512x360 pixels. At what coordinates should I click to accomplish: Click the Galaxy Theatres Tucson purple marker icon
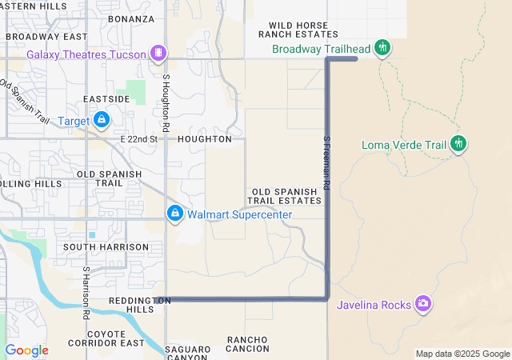pyautogui.click(x=159, y=54)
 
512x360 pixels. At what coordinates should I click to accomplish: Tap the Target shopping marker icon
pyautogui.click(x=101, y=120)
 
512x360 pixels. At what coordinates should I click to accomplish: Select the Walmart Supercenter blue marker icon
pyautogui.click(x=174, y=214)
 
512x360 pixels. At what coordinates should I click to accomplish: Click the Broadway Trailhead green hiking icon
pyautogui.click(x=382, y=49)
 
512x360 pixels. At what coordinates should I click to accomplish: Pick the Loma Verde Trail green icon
pyautogui.click(x=458, y=145)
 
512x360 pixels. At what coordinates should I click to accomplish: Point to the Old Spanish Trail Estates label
pyautogui.click(x=286, y=196)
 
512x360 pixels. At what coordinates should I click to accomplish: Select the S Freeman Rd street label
pyautogui.click(x=326, y=162)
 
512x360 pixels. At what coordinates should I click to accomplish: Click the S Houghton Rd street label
pyautogui.click(x=166, y=103)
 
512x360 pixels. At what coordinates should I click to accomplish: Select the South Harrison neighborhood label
pyautogui.click(x=106, y=247)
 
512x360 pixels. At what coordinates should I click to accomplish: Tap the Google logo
pyautogui.click(x=26, y=350)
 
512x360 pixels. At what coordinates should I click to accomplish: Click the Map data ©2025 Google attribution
pyautogui.click(x=462, y=354)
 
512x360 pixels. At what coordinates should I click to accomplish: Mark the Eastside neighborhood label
pyautogui.click(x=106, y=99)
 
